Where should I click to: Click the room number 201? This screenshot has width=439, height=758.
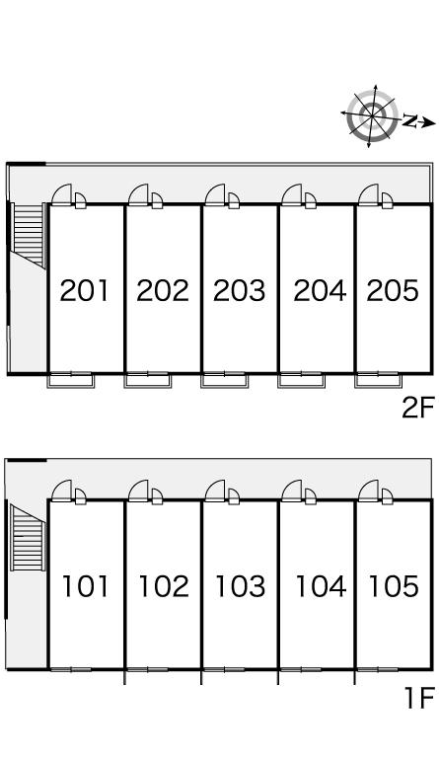click(85, 290)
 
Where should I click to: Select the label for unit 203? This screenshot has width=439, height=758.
click(239, 290)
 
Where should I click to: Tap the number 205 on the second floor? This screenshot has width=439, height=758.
click(393, 290)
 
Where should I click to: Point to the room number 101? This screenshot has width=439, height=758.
click(86, 586)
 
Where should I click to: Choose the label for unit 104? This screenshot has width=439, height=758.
click(321, 586)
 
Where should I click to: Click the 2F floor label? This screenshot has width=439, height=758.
click(418, 407)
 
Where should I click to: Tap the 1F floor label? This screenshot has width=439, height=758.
click(419, 698)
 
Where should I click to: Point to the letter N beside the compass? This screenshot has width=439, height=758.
click(409, 120)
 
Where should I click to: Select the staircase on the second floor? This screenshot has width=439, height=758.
click(29, 236)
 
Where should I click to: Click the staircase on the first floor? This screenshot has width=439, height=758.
click(28, 538)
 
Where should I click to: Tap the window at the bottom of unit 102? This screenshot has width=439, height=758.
click(148, 669)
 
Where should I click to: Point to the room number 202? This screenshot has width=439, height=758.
click(162, 290)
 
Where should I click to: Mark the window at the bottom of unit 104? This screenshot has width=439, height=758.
click(301, 669)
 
